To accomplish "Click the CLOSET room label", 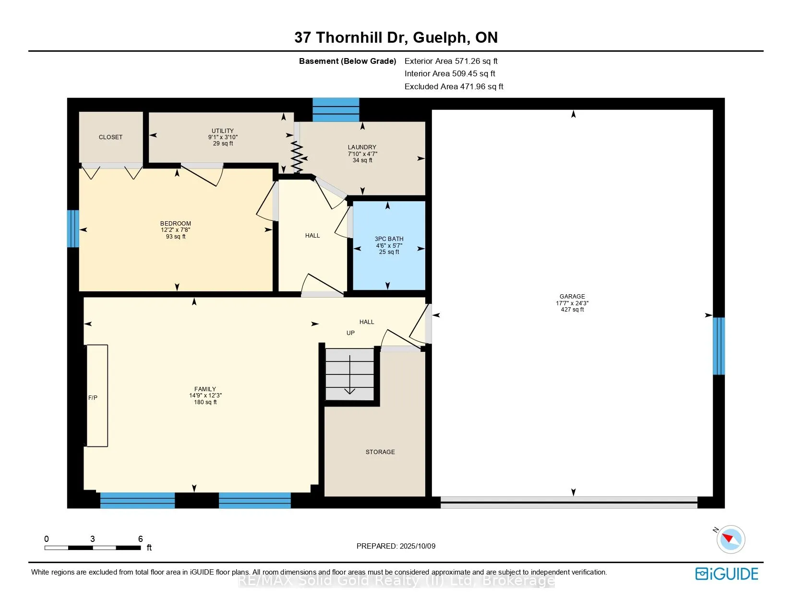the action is pos(110,137).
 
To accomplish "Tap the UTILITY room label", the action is pos(223,131).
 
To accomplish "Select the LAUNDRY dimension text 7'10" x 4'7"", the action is pos(362,154).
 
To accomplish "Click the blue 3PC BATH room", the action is pos(389,245).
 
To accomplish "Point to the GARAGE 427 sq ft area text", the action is pos(572,310).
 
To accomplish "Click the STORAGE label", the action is pos(380,452).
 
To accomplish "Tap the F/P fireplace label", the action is pos(93,397).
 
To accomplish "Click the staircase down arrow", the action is pos(350,375).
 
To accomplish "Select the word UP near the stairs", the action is pos(350,333).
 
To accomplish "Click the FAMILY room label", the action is pos(205,389).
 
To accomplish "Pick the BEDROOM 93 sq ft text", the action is pos(176,237).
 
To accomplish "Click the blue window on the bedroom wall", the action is pos(73,228).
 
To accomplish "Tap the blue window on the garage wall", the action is pos(719,346).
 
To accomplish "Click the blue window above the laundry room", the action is pos(336,110).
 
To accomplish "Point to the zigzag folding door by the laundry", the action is pos(297,157).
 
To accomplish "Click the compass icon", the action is pos(731,540).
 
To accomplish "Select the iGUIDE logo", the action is pos(727,574).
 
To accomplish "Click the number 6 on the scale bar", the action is pos(140,539).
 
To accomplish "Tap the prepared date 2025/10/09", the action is pos(417,546).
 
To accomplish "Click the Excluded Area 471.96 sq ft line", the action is pos(454,86).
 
